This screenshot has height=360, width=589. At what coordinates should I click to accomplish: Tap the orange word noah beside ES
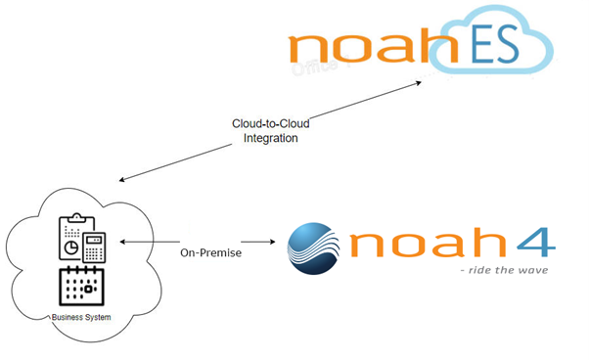(x=373, y=45)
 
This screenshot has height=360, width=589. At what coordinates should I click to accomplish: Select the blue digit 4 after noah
(x=536, y=243)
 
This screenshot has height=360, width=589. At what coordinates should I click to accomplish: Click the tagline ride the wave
(x=504, y=270)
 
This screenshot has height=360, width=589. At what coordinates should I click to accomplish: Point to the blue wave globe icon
(x=314, y=248)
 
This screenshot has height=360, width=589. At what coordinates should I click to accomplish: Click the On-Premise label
(x=210, y=253)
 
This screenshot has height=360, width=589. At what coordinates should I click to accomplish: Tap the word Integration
(x=270, y=138)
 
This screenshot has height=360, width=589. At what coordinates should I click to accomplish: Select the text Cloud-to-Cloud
(x=270, y=123)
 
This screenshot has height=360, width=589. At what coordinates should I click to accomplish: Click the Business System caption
(x=81, y=317)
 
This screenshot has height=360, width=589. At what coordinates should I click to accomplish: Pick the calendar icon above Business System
(x=81, y=286)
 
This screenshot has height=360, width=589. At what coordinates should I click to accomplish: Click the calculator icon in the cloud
(x=94, y=247)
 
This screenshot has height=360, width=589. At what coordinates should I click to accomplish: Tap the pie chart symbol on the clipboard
(x=71, y=247)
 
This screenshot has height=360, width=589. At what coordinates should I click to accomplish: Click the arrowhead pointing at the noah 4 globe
(x=272, y=242)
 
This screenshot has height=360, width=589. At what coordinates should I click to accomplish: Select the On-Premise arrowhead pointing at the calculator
(x=122, y=242)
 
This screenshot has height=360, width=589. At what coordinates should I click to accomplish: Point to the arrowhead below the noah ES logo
(x=418, y=83)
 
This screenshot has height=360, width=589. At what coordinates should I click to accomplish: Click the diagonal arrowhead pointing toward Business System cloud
(x=122, y=179)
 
